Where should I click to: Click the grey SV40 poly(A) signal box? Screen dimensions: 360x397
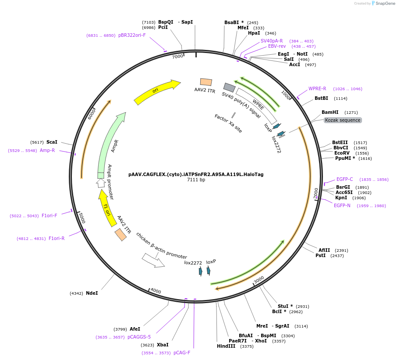click(229, 87)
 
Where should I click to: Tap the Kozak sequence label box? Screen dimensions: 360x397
click(343, 120)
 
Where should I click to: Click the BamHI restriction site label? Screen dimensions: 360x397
click(330, 112)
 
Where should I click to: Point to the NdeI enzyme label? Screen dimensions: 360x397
click(92, 293)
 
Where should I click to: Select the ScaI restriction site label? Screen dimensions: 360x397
click(52, 142)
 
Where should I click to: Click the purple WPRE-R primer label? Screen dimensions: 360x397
click(317, 88)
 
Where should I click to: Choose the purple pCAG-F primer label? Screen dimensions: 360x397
click(182, 353)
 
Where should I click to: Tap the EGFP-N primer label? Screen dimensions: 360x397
click(342, 205)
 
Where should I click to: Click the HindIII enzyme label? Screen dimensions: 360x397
click(226, 346)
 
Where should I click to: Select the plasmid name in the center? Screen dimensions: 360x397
click(196, 174)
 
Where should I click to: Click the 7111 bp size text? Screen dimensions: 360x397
click(196, 180)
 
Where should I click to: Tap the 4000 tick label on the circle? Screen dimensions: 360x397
click(156, 291)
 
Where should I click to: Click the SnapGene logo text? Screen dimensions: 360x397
click(385, 4)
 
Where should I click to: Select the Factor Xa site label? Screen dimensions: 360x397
click(228, 124)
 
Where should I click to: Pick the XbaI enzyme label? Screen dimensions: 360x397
click(163, 345)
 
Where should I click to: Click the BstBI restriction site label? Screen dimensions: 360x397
click(321, 98)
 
